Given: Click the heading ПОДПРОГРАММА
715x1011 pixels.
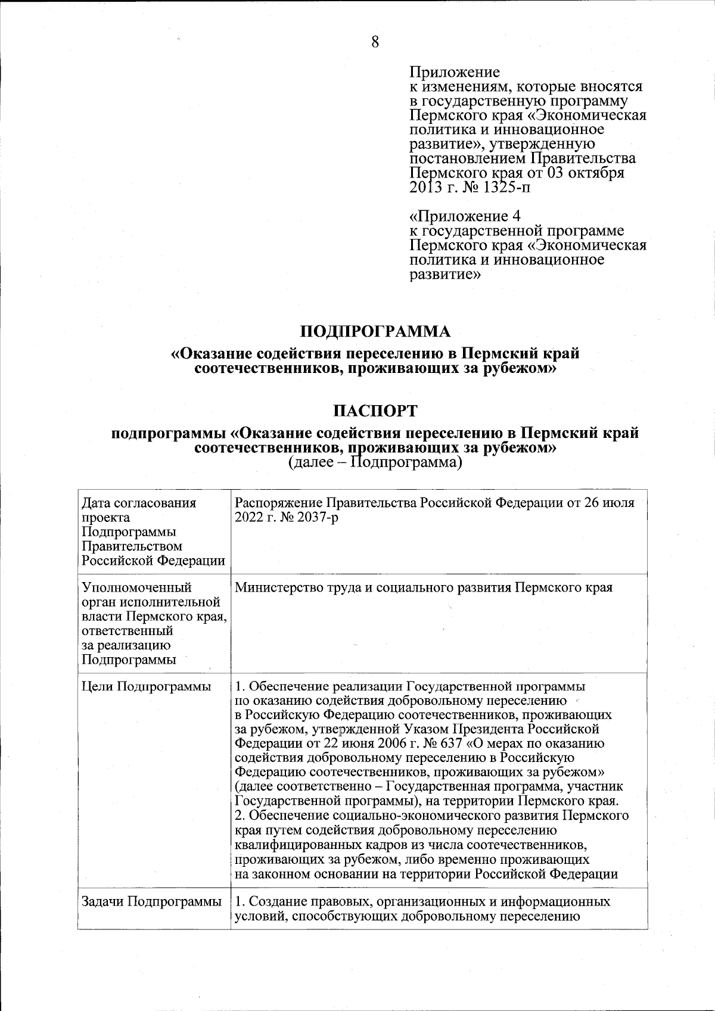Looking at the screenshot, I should (375, 331).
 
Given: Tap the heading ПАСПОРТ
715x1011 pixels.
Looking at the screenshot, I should (375, 411).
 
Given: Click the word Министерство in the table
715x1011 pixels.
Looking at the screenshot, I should (278, 587).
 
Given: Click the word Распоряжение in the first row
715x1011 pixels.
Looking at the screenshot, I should (272, 503).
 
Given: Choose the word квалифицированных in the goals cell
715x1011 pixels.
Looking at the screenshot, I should (294, 845).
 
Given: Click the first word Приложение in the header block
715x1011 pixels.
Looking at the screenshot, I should (455, 72).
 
